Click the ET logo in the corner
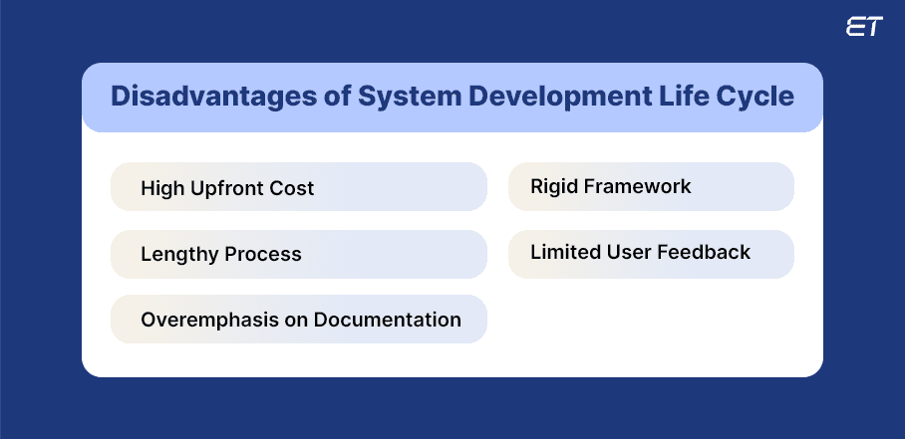[863, 28]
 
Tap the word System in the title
[382, 98]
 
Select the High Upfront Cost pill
[298, 187]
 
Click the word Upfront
[230, 188]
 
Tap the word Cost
[292, 188]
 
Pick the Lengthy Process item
[298, 254]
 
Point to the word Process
[263, 255]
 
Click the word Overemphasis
[206, 320]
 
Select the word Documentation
[387, 320]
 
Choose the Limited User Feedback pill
[651, 253]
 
